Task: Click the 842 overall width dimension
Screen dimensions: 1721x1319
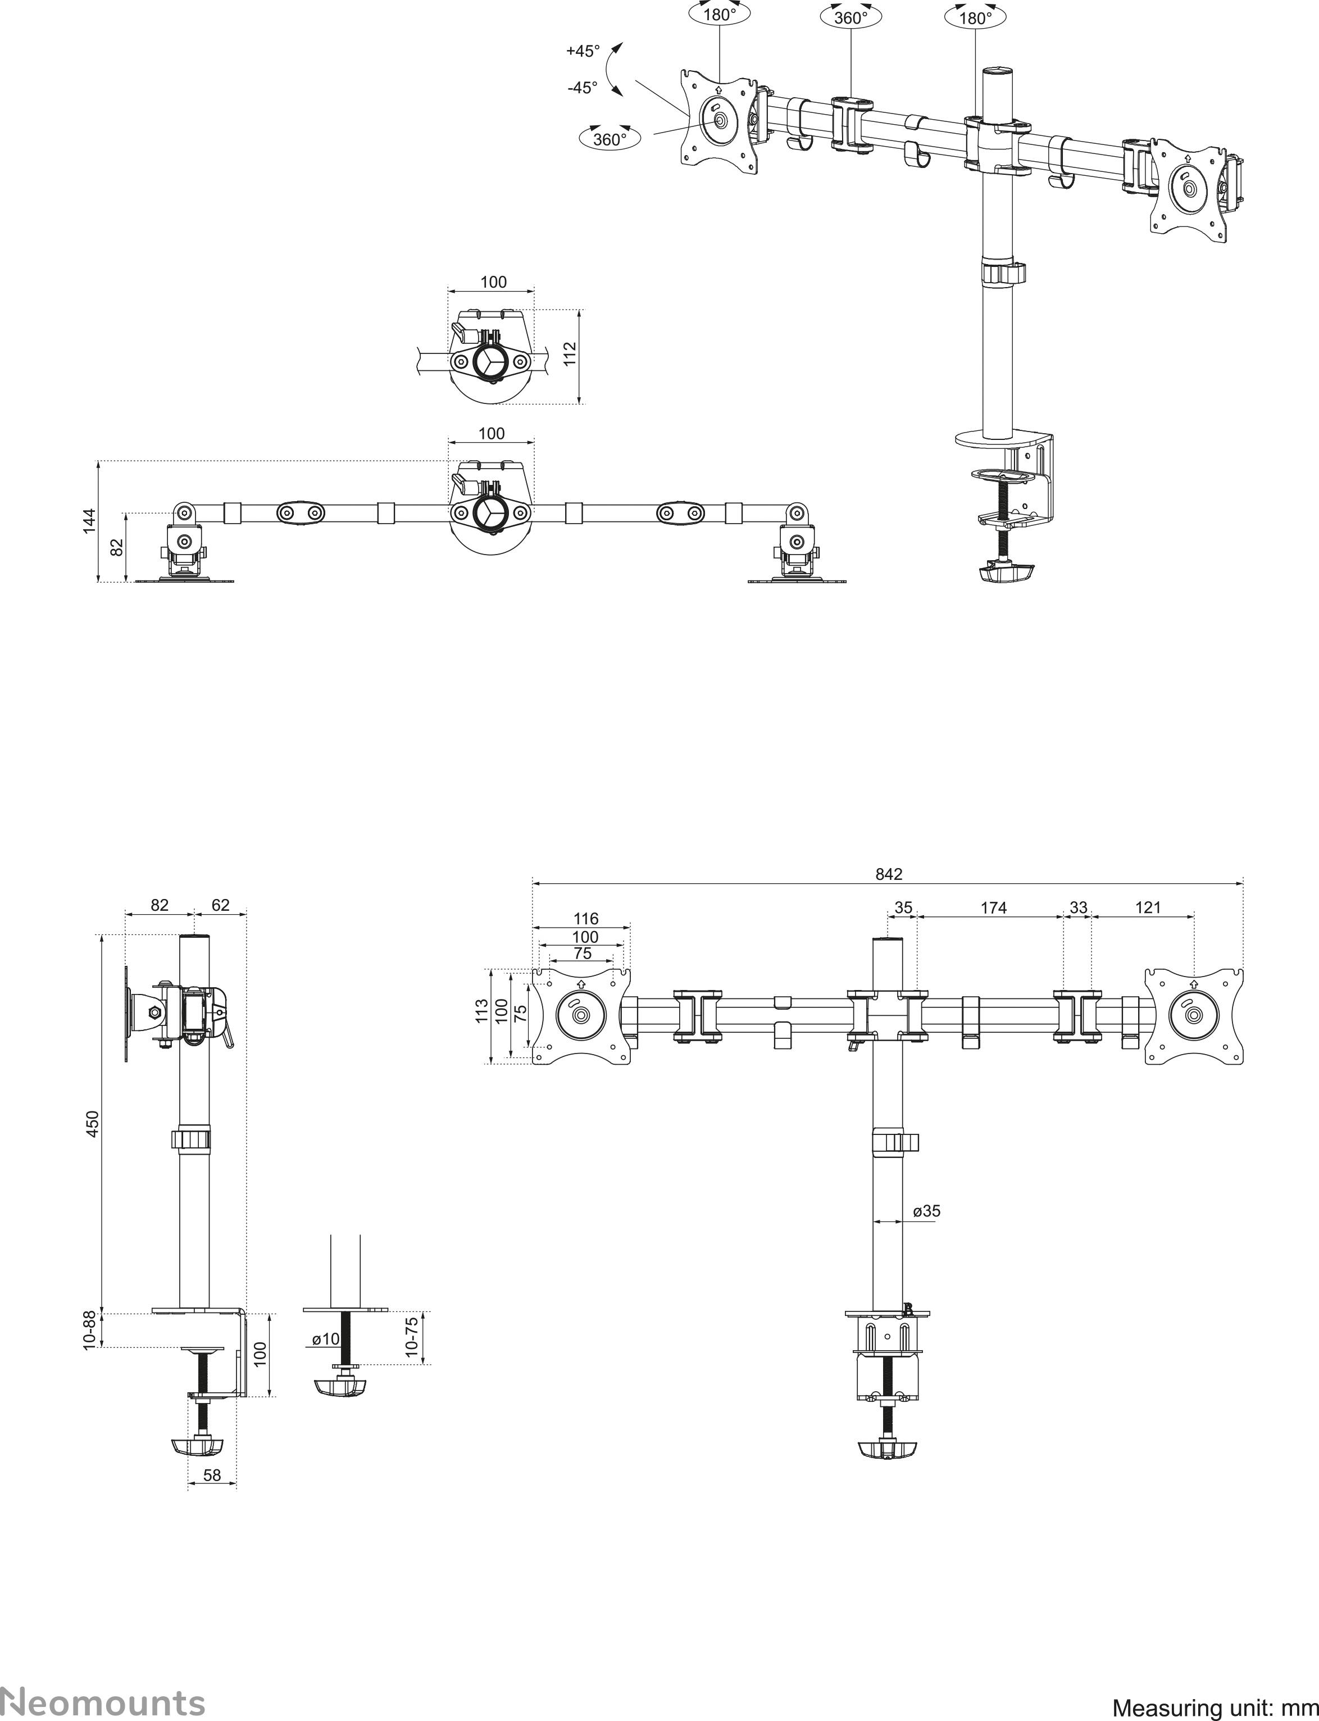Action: click(889, 874)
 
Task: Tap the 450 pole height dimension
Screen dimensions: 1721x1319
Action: click(93, 1124)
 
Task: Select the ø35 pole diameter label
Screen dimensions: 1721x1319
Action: click(926, 1211)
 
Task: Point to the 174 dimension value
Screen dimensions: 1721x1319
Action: click(993, 907)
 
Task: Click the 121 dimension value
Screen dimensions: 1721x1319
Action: click(1147, 907)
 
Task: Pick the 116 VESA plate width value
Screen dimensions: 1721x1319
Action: click(586, 919)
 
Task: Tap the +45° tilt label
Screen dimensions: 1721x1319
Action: click(583, 51)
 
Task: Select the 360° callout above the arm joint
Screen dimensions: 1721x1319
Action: click(851, 17)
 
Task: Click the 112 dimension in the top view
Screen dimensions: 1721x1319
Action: click(571, 353)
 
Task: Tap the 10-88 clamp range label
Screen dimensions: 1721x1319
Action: click(90, 1330)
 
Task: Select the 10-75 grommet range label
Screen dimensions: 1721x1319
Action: click(411, 1337)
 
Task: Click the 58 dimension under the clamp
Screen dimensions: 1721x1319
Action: click(212, 1475)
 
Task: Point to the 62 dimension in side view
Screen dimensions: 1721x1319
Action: click(221, 905)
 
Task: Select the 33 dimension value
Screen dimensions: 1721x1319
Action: click(1078, 907)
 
